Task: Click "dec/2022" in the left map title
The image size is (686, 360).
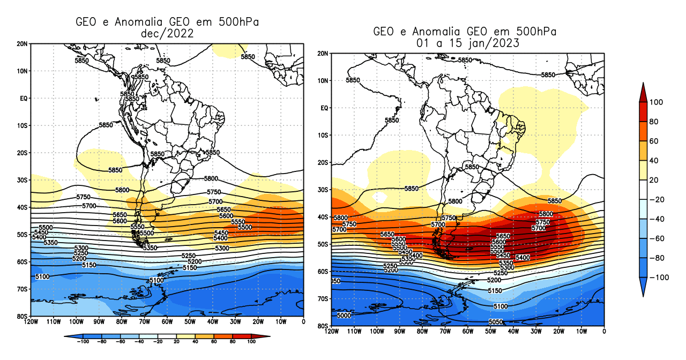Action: pos(166,34)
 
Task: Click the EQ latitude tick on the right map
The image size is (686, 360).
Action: pos(323,108)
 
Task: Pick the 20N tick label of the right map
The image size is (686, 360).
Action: pos(322,54)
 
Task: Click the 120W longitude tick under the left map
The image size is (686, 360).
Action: pos(31,322)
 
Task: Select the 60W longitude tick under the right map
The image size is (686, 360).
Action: pos(467,332)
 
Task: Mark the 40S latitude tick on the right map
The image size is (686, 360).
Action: pos(322,217)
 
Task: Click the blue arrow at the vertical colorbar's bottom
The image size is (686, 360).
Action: pos(645,291)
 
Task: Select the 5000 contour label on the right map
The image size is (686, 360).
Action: pos(344,316)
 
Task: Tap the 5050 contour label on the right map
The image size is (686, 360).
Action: pos(496,321)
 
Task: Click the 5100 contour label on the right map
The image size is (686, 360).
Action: pos(500,306)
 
